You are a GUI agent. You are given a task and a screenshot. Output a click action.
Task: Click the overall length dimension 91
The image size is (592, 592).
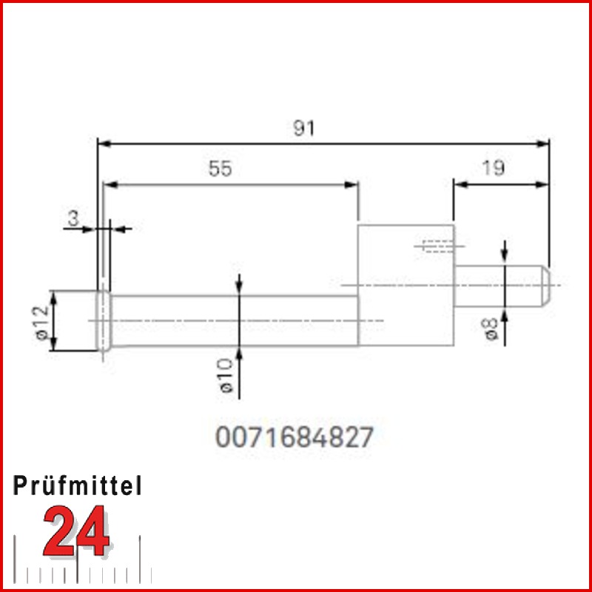304,128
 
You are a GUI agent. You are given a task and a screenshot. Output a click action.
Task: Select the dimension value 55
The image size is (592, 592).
221,169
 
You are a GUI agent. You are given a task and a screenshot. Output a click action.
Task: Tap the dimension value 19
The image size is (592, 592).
494,168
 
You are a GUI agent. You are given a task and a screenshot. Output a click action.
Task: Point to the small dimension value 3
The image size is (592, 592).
73,218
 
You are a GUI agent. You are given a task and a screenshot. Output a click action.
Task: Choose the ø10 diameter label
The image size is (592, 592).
226,376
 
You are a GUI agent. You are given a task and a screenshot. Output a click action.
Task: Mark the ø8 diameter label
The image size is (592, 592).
491,329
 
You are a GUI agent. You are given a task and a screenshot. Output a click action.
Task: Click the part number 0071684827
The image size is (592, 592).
294,437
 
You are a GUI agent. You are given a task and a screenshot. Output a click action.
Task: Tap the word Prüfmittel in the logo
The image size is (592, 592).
78,485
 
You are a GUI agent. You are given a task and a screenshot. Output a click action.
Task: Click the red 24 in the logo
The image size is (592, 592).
77,531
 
